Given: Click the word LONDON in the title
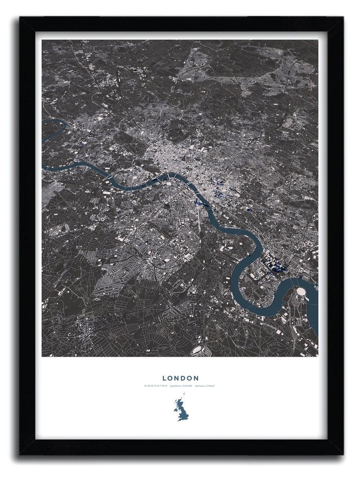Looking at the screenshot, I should pos(180,378).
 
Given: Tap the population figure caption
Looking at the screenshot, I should pos(181,386).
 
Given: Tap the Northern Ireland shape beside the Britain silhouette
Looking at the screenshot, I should pos(175,409).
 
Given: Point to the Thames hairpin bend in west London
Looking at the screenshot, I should pos(56,128).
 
